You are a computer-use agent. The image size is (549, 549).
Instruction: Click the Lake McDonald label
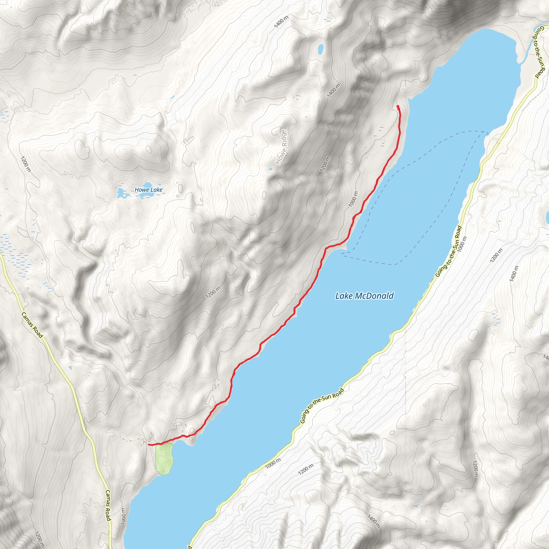[x=364, y=296]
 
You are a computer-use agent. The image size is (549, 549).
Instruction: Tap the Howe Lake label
[x=149, y=190]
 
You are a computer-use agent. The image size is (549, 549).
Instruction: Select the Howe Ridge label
[x=281, y=147]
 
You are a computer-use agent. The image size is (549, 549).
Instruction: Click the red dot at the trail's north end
[x=398, y=106]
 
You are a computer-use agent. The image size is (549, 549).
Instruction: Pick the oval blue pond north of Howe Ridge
[x=321, y=49]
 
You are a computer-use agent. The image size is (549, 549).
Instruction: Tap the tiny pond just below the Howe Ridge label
[x=270, y=169]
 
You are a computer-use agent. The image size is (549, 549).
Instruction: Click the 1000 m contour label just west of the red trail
[x=353, y=199]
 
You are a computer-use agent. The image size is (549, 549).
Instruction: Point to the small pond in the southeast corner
[x=416, y=506]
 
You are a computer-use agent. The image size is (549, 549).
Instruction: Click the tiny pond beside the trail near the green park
[x=186, y=425]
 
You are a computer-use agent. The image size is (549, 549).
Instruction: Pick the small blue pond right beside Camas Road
[x=70, y=368]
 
